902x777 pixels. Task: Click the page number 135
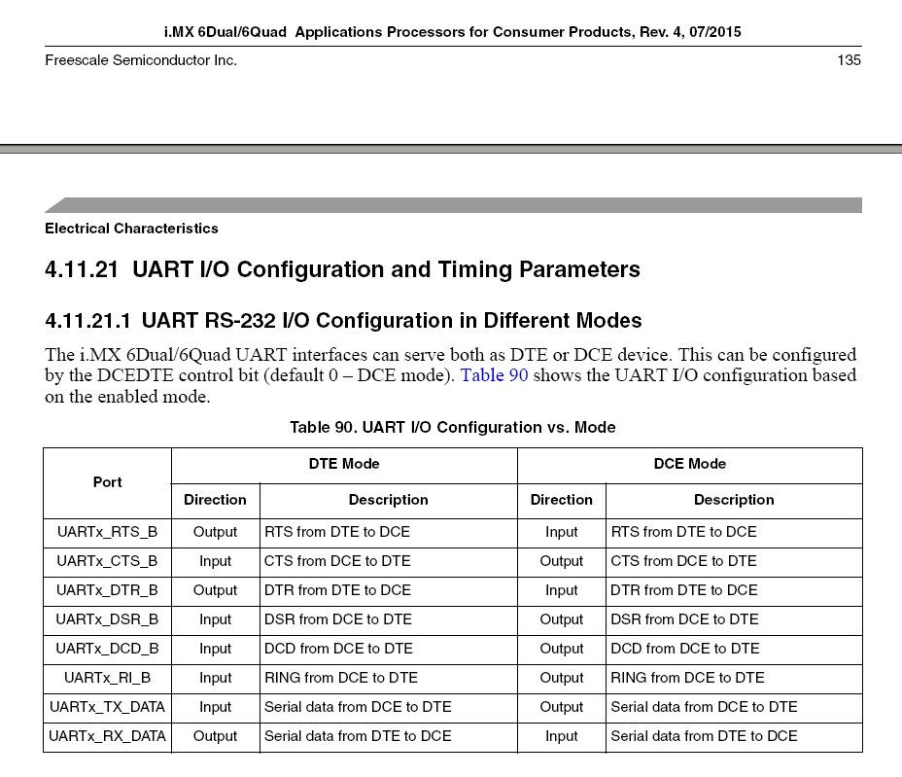(849, 60)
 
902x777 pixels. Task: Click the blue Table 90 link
(494, 375)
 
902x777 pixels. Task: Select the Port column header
(107, 482)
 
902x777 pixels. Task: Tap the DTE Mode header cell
(344, 464)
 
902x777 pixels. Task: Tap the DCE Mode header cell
(689, 464)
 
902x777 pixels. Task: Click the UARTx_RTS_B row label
(107, 532)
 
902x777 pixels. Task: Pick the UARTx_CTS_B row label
(107, 561)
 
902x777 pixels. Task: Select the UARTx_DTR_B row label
(107, 590)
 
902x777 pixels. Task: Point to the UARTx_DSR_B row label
(107, 619)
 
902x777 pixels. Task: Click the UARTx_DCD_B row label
(107, 649)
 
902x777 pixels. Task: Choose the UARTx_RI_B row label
(107, 678)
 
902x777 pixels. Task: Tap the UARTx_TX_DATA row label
(107, 707)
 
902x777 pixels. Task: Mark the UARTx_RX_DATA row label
(107, 736)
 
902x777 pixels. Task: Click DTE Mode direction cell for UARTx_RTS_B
(215, 532)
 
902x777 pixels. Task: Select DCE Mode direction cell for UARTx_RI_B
(561, 678)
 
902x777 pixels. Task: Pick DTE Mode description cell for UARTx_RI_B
(341, 678)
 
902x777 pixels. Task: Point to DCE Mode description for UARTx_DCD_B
(684, 649)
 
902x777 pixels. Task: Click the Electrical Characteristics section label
(131, 229)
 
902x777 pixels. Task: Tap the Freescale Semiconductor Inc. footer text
(141, 60)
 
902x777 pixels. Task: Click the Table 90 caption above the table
(452, 427)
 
